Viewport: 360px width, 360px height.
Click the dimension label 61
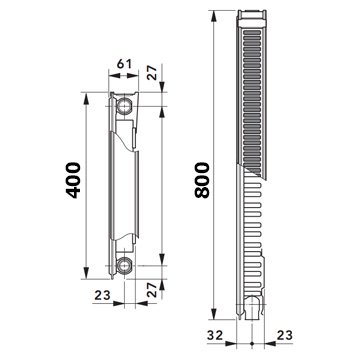[124, 64]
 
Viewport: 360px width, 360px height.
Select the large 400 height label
[73, 180]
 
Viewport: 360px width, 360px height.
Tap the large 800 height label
[202, 180]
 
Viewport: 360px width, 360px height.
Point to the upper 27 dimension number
[152, 73]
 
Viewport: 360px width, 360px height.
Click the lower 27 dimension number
[152, 290]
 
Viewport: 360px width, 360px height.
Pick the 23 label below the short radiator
[102, 295]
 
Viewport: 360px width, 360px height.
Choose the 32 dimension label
[215, 335]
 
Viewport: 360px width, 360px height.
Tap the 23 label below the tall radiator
[284, 335]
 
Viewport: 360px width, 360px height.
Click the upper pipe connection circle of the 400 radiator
[125, 106]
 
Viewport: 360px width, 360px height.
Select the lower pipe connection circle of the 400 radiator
[125, 266]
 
